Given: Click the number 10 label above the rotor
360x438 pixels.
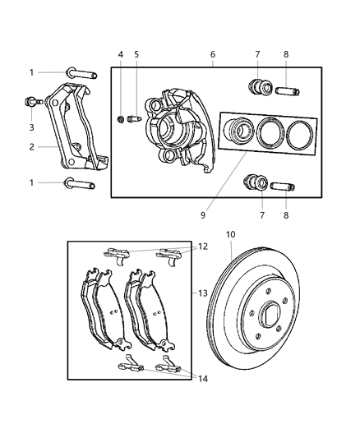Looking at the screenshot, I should (231, 234).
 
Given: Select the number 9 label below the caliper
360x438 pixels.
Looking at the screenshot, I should (202, 216).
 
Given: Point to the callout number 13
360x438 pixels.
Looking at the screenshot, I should (202, 293).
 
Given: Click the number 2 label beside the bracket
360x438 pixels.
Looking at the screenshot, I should (32, 147).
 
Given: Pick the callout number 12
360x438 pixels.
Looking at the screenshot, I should (202, 246).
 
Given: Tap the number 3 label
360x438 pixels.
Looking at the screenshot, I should (32, 128).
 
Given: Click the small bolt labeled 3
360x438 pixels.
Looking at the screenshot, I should (32, 103).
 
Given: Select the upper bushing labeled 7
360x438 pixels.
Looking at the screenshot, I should (260, 85).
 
